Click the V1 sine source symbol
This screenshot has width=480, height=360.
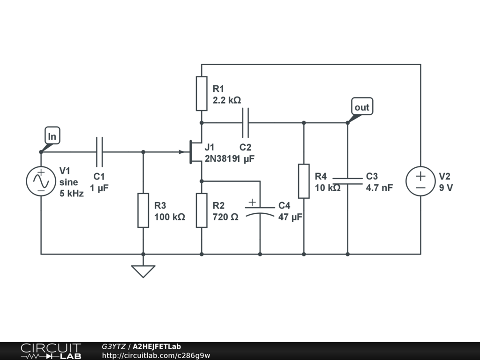[41, 182]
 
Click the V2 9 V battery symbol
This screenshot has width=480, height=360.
[420, 182]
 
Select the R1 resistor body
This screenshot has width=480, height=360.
[202, 93]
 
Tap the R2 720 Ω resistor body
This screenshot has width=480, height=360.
[202, 210]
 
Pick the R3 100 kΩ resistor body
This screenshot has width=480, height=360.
[143, 210]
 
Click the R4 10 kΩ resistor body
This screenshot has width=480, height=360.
[304, 181]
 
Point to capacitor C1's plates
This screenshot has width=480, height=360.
[99, 152]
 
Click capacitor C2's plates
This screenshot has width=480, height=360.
[245, 123]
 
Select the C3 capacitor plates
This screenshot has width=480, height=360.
[347, 181]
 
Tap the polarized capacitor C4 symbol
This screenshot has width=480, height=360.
[260, 210]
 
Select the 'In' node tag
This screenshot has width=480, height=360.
[52, 136]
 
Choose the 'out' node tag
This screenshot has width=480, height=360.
[362, 107]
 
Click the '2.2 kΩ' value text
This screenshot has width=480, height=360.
[227, 100]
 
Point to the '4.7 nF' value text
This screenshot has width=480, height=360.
[379, 188]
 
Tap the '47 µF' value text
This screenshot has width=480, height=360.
[290, 217]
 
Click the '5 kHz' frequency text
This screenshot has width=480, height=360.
[72, 194]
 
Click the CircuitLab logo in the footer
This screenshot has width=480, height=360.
[50, 351]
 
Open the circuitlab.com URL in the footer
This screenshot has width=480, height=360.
[156, 355]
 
